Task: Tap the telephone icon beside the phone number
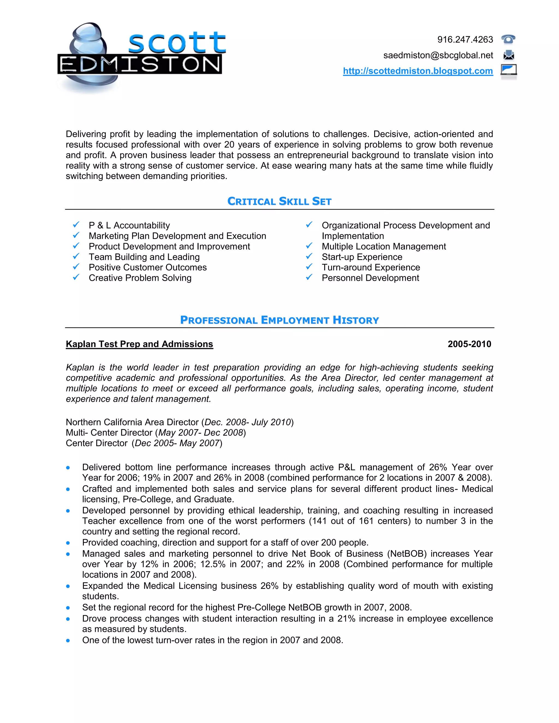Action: [508, 39]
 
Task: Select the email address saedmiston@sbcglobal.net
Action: [438, 55]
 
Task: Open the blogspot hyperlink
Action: [418, 71]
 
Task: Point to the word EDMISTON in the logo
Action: [140, 64]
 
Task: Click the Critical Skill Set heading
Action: [279, 201]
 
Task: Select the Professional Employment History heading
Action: [279, 320]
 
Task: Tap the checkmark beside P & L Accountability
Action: [76, 225]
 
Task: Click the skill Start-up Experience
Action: [362, 257]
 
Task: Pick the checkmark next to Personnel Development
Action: [309, 277]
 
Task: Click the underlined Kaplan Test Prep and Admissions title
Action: [139, 344]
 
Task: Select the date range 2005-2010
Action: [469, 344]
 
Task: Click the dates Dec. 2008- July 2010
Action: [247, 422]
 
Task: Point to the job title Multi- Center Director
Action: [109, 433]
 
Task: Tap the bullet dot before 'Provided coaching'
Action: [68, 543]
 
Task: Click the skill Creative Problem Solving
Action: [140, 278]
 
